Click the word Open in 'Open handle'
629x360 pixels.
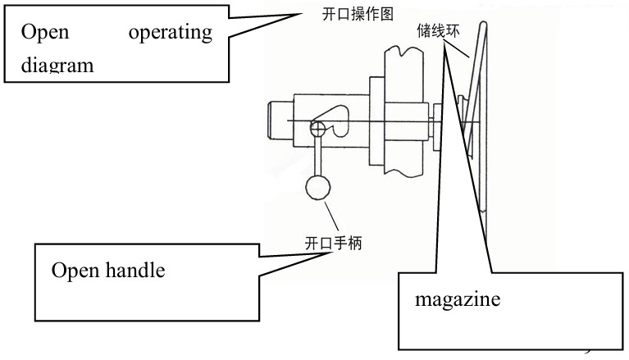coord(75,271)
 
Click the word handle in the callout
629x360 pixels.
coord(135,270)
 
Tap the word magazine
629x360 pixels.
coord(458,300)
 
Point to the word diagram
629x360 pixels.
coord(57,65)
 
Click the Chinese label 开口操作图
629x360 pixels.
coord(358,15)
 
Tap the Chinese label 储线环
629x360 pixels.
coord(438,30)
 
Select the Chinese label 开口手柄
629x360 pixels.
coord(333,243)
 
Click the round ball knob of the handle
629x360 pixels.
coord(318,188)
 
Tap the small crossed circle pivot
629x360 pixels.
coord(317,129)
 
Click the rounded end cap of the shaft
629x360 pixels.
coord(280,121)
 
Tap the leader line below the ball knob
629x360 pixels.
coord(331,216)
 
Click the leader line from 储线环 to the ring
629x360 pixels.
coord(458,49)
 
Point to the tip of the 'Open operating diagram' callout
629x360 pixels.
coord(302,14)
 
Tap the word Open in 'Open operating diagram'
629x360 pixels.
coord(45,33)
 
